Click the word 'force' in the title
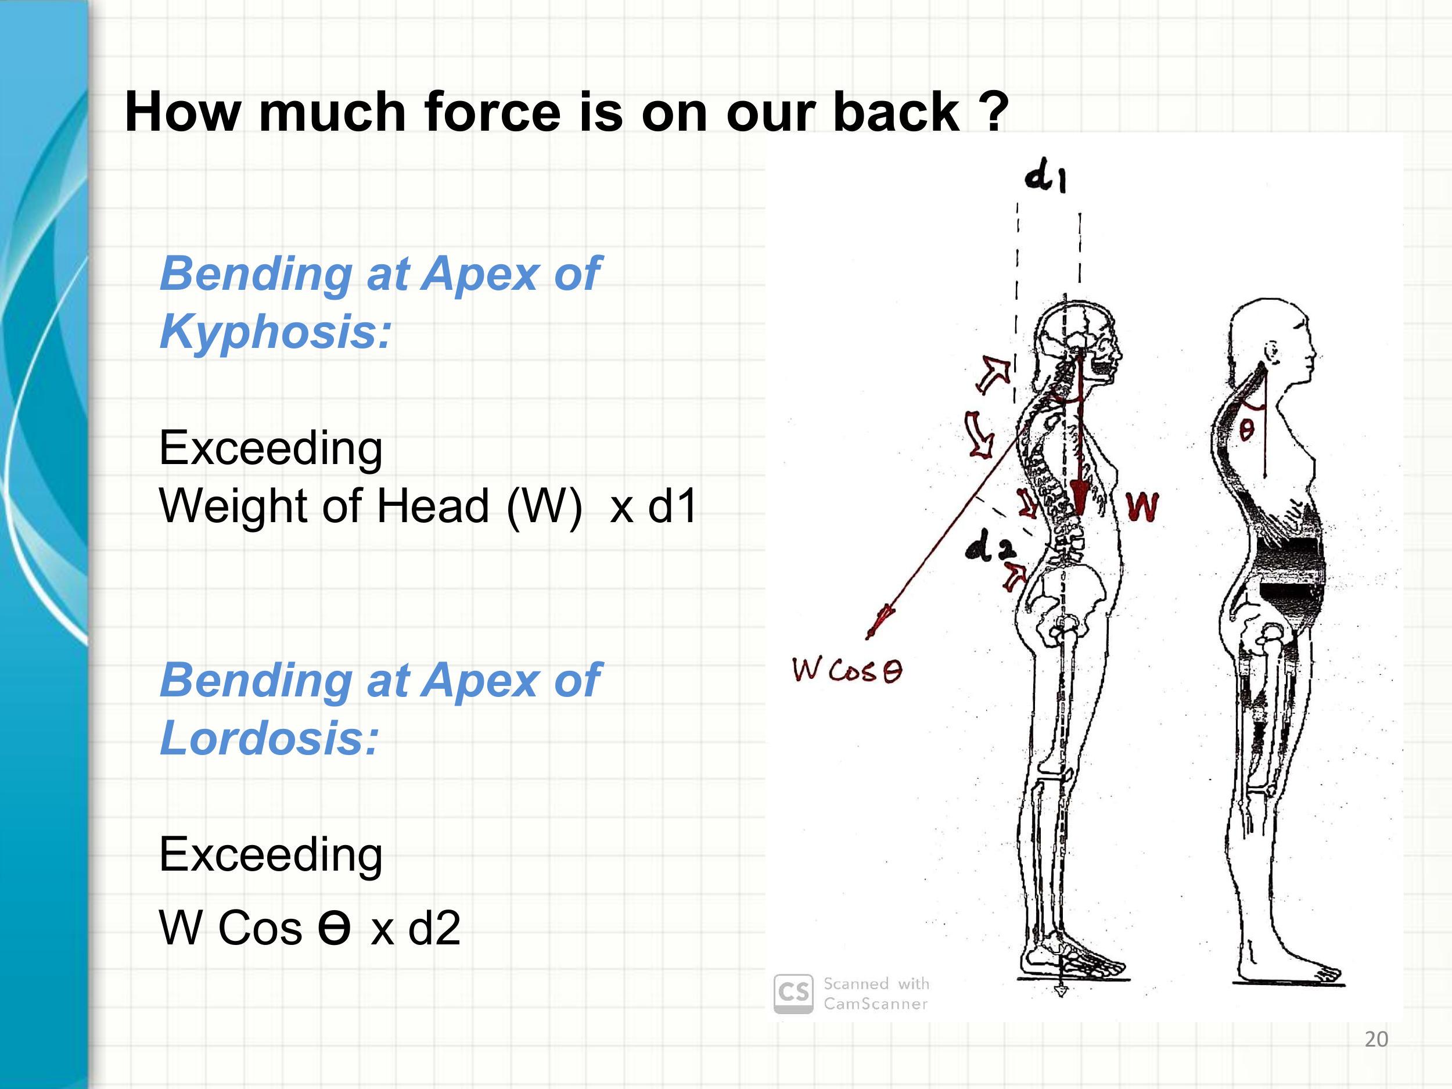(x=493, y=111)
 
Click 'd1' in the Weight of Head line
(x=672, y=505)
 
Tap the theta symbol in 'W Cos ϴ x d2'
(x=334, y=928)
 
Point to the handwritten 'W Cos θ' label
(x=847, y=671)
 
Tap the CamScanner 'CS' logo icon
(x=793, y=994)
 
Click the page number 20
(x=1376, y=1039)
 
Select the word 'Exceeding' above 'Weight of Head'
(x=271, y=450)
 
